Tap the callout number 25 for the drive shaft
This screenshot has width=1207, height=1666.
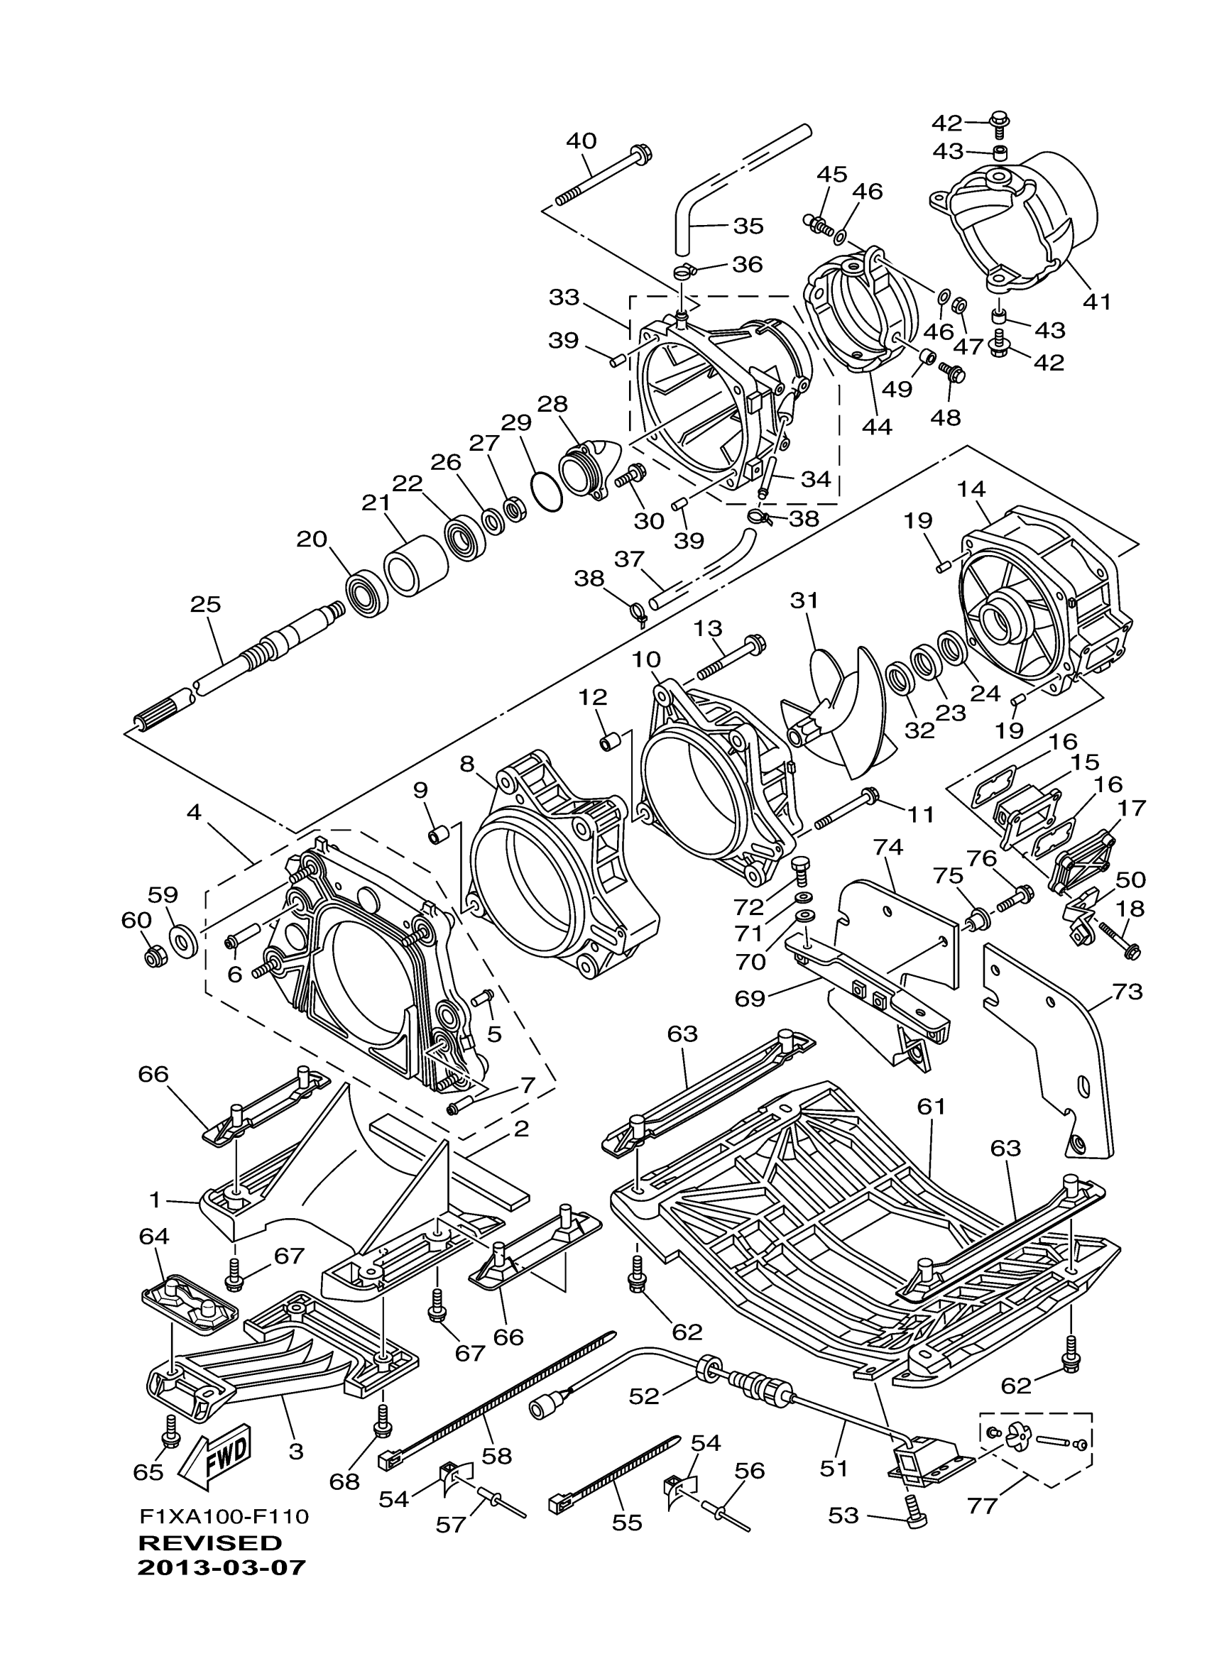(205, 605)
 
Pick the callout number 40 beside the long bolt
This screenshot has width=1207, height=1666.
(581, 141)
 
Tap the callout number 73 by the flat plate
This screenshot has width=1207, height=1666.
(1127, 992)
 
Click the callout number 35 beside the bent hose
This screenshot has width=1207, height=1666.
(748, 226)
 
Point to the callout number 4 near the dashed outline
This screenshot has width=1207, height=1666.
(193, 813)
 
